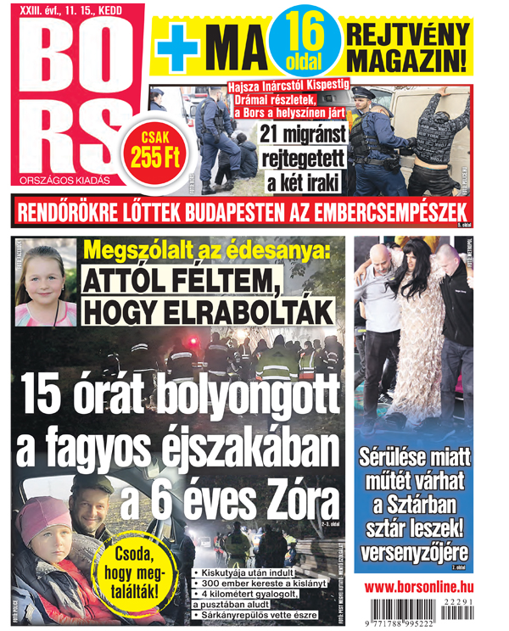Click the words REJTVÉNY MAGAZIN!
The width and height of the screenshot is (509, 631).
pyautogui.click(x=406, y=47)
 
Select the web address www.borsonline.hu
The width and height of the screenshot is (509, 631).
pyautogui.click(x=420, y=586)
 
